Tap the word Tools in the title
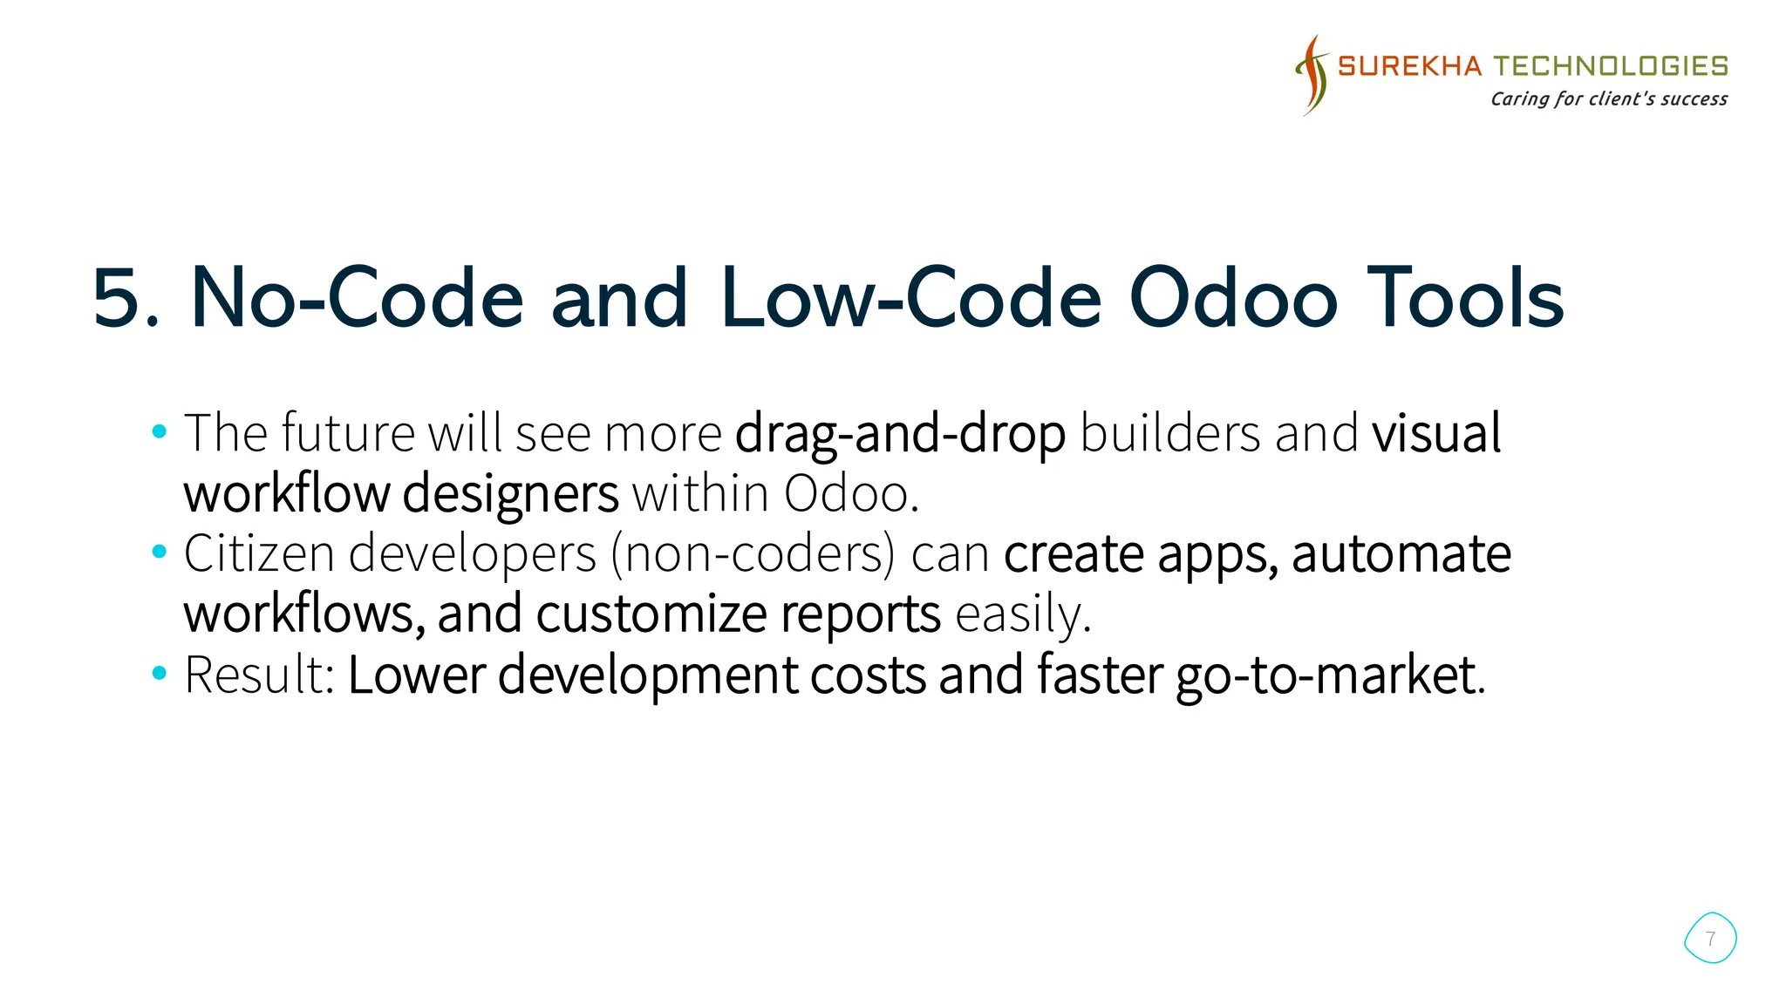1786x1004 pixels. point(1465,299)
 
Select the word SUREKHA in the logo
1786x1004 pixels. point(1409,66)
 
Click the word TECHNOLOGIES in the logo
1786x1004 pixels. point(1611,66)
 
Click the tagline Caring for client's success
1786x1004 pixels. point(1608,98)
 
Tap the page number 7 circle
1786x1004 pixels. point(1710,939)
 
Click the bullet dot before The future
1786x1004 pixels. point(159,431)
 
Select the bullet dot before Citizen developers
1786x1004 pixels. point(159,552)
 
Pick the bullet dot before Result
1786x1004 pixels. point(159,673)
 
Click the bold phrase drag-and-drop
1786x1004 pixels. point(900,433)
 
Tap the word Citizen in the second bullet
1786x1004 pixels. point(259,553)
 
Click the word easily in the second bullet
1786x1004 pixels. point(1022,614)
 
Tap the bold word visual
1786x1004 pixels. point(1436,433)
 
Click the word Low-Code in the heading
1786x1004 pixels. point(911,299)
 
